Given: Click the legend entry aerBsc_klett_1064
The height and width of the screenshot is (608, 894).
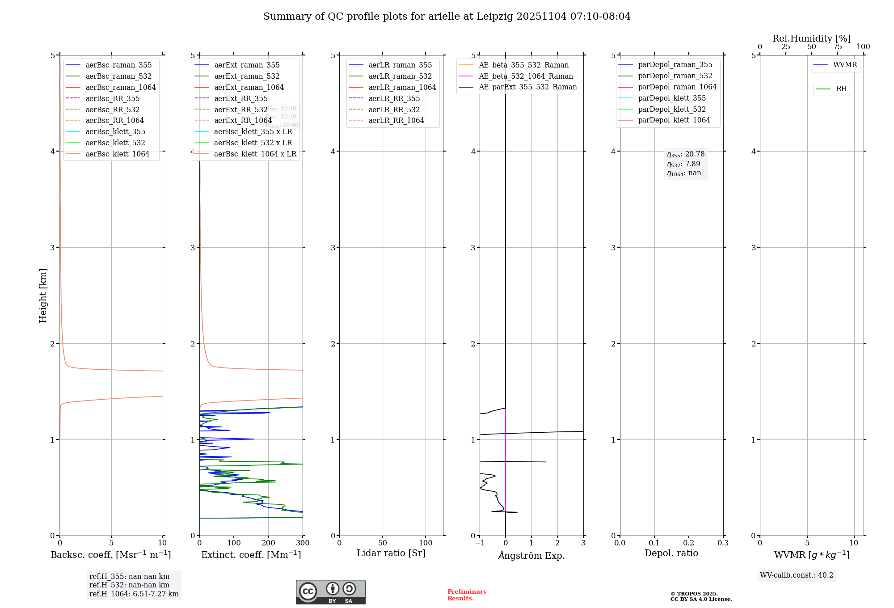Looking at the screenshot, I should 117,154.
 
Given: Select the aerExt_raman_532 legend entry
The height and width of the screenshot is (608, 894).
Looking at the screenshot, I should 247,76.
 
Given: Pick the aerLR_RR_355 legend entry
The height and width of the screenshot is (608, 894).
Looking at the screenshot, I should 394,98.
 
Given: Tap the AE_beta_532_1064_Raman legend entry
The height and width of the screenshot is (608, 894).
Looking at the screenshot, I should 526,76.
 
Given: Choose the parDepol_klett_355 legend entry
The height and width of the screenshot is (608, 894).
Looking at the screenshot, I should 672,98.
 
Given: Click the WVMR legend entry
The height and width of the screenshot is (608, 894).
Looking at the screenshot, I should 845,65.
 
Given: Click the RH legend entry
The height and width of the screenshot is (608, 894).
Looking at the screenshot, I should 841,89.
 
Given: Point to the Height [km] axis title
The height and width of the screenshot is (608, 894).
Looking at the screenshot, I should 43,295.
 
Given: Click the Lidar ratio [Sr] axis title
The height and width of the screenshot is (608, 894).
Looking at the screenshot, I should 391,553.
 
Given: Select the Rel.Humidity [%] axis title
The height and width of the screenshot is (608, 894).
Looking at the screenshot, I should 811,38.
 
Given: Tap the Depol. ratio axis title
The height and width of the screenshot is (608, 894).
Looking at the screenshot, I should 671,553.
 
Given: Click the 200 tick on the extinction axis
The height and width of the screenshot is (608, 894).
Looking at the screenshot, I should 268,543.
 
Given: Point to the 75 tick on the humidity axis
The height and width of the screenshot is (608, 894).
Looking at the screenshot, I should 837,47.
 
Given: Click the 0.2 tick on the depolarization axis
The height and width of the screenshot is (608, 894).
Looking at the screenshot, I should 689,543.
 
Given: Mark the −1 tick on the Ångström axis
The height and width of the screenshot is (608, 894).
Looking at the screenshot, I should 480,543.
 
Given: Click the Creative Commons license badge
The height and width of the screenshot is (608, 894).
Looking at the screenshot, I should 330,592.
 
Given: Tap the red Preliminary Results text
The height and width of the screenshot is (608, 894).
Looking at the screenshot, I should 467,595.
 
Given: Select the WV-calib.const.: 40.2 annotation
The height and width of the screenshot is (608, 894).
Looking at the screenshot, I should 796,575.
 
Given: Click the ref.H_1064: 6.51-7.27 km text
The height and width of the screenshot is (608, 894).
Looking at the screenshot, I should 134,594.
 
